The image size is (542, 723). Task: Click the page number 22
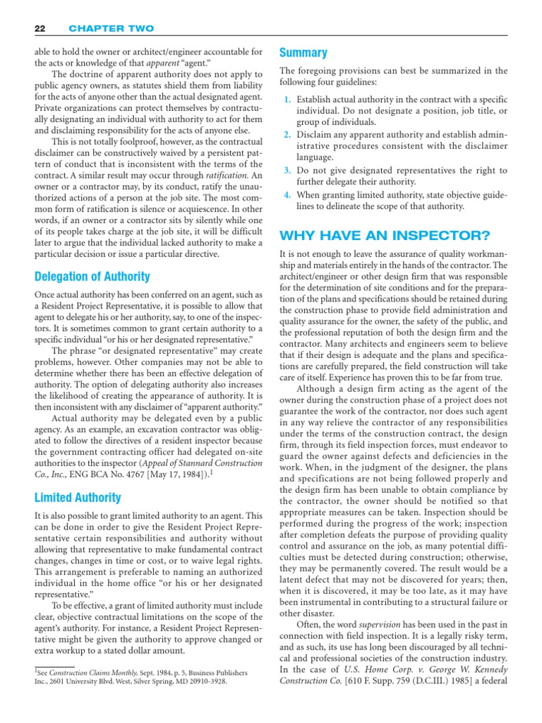[x=39, y=28]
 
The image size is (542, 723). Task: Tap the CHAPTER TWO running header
[x=111, y=28]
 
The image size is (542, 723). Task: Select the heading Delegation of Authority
[x=92, y=277]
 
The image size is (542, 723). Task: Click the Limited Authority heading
[x=78, y=498]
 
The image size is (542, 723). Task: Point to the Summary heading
[x=303, y=53]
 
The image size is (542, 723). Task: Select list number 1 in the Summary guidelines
[x=287, y=100]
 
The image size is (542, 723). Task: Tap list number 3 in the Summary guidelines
[x=287, y=171]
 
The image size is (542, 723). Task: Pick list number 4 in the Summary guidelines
[x=287, y=194]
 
